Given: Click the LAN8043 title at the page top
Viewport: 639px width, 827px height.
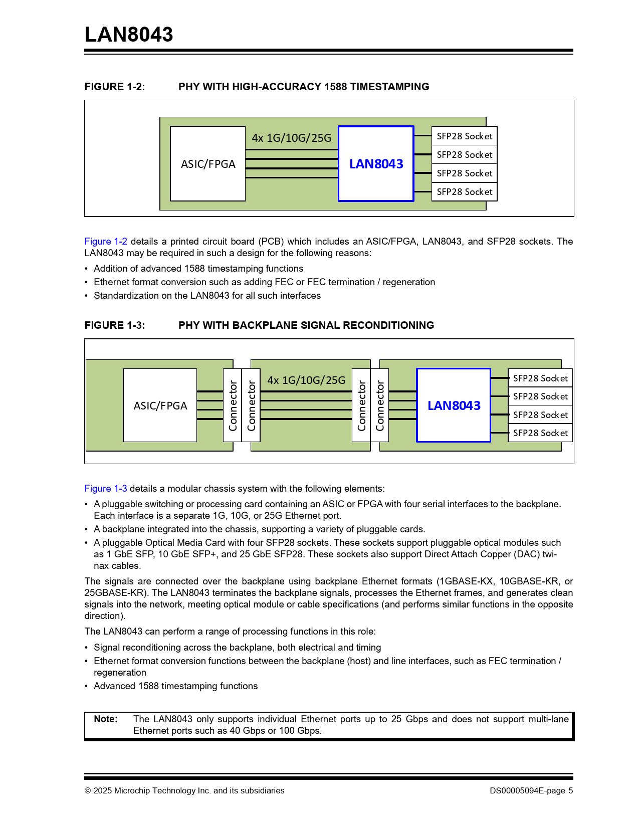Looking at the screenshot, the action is point(129,34).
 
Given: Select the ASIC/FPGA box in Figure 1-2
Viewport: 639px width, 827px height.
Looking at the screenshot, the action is point(208,164).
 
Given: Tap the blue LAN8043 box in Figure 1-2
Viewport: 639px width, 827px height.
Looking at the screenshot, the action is point(376,164).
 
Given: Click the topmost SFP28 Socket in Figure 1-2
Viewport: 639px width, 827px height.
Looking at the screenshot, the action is point(464,136).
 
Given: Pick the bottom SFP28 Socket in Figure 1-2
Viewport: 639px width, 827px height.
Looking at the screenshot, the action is point(464,192).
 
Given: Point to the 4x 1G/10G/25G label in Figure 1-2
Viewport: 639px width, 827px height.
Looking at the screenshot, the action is point(292,138).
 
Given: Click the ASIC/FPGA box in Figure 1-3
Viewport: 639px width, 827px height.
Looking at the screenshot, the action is point(160,405).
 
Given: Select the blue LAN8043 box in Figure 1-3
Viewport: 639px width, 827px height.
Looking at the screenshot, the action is point(454,405).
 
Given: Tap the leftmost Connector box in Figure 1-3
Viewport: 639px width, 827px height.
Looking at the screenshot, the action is point(233,405).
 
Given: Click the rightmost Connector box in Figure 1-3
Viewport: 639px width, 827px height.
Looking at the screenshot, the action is point(379,405).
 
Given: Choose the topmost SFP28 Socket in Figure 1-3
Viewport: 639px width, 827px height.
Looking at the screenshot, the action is point(540,378).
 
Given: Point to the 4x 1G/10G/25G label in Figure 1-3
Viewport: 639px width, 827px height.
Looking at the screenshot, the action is point(306,380).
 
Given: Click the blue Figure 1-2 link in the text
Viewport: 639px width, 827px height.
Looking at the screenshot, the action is point(106,241).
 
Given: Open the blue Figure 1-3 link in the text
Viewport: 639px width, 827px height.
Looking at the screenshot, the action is point(106,488).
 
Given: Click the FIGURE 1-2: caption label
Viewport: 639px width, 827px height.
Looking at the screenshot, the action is point(115,87).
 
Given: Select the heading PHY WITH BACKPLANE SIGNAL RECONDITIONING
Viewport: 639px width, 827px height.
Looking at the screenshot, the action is point(306,325).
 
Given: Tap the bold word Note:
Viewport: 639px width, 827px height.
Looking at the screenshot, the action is point(106,719).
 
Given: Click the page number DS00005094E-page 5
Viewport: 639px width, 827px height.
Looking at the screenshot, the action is point(531,790).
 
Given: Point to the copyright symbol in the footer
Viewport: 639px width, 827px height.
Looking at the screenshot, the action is point(88,791).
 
